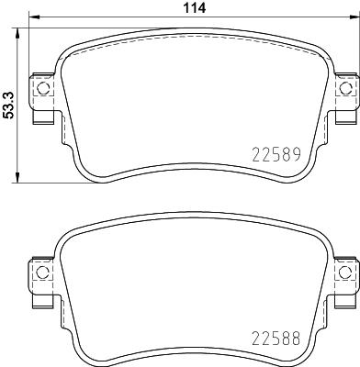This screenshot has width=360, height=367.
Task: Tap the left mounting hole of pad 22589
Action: pos(40,89)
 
